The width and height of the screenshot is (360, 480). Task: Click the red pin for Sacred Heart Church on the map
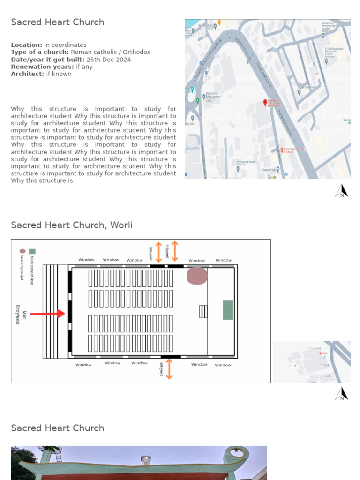point(265,103)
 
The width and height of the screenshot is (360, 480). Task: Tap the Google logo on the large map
point(272,177)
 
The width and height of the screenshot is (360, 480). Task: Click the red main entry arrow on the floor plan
point(47,314)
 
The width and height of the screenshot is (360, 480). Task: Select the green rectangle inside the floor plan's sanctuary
point(228,310)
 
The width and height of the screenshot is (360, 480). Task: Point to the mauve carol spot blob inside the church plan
point(197,276)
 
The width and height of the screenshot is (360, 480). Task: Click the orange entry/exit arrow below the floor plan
point(169,369)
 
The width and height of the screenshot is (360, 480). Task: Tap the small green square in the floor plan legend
point(32,251)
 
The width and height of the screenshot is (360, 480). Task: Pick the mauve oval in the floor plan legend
point(22,251)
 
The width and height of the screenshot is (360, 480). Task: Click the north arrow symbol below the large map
point(342,191)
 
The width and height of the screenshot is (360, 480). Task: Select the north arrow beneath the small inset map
point(342,393)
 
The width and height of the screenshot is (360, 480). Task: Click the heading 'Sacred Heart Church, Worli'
point(72,225)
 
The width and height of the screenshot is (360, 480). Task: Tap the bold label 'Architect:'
point(28,74)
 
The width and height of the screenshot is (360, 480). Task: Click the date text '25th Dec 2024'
point(109,60)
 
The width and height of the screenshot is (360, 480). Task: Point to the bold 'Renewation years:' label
point(42,67)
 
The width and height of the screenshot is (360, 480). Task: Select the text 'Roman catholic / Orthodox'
point(111,52)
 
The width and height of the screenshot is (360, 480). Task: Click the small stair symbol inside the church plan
point(203,311)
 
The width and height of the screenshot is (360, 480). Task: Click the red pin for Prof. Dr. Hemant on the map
point(282,150)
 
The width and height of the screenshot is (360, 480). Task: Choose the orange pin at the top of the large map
point(219,22)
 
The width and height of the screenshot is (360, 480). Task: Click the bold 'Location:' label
point(27,45)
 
